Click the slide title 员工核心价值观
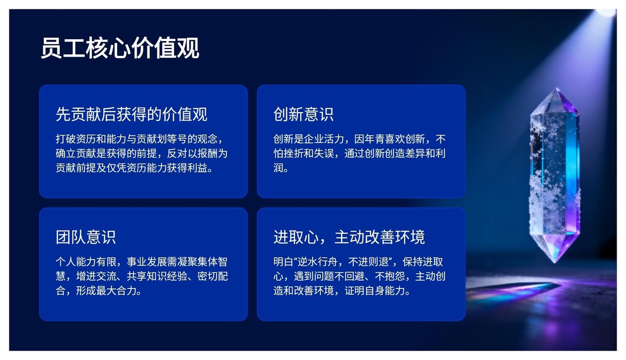[120, 48]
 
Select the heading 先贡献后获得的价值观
[131, 114]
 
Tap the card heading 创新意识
[304, 114]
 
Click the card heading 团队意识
[86, 237]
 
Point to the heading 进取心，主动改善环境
[349, 237]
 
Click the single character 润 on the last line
[278, 168]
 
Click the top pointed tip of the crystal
[557, 88]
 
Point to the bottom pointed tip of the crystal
[555, 262]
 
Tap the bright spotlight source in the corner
[606, 12]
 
